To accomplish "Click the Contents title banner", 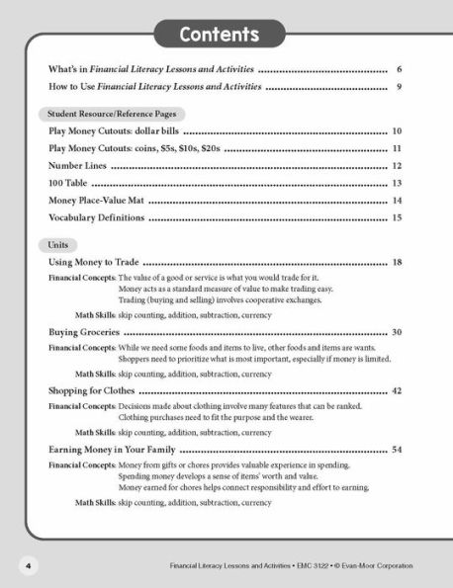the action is [x=219, y=35].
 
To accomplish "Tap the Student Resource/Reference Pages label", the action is [x=106, y=115].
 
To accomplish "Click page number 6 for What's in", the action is [x=398, y=70].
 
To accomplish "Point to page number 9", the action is [x=398, y=88].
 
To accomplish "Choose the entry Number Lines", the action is [x=79, y=166].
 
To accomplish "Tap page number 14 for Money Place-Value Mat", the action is [x=396, y=201].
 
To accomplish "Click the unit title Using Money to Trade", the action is [x=94, y=263].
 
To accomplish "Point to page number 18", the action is [x=396, y=263].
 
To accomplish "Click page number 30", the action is [x=396, y=332].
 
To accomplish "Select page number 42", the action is [x=396, y=391].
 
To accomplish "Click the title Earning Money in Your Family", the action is [x=113, y=450].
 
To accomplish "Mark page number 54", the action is [x=396, y=450].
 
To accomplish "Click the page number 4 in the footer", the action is [x=29, y=565].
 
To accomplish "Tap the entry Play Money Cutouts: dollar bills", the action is [x=114, y=131].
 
